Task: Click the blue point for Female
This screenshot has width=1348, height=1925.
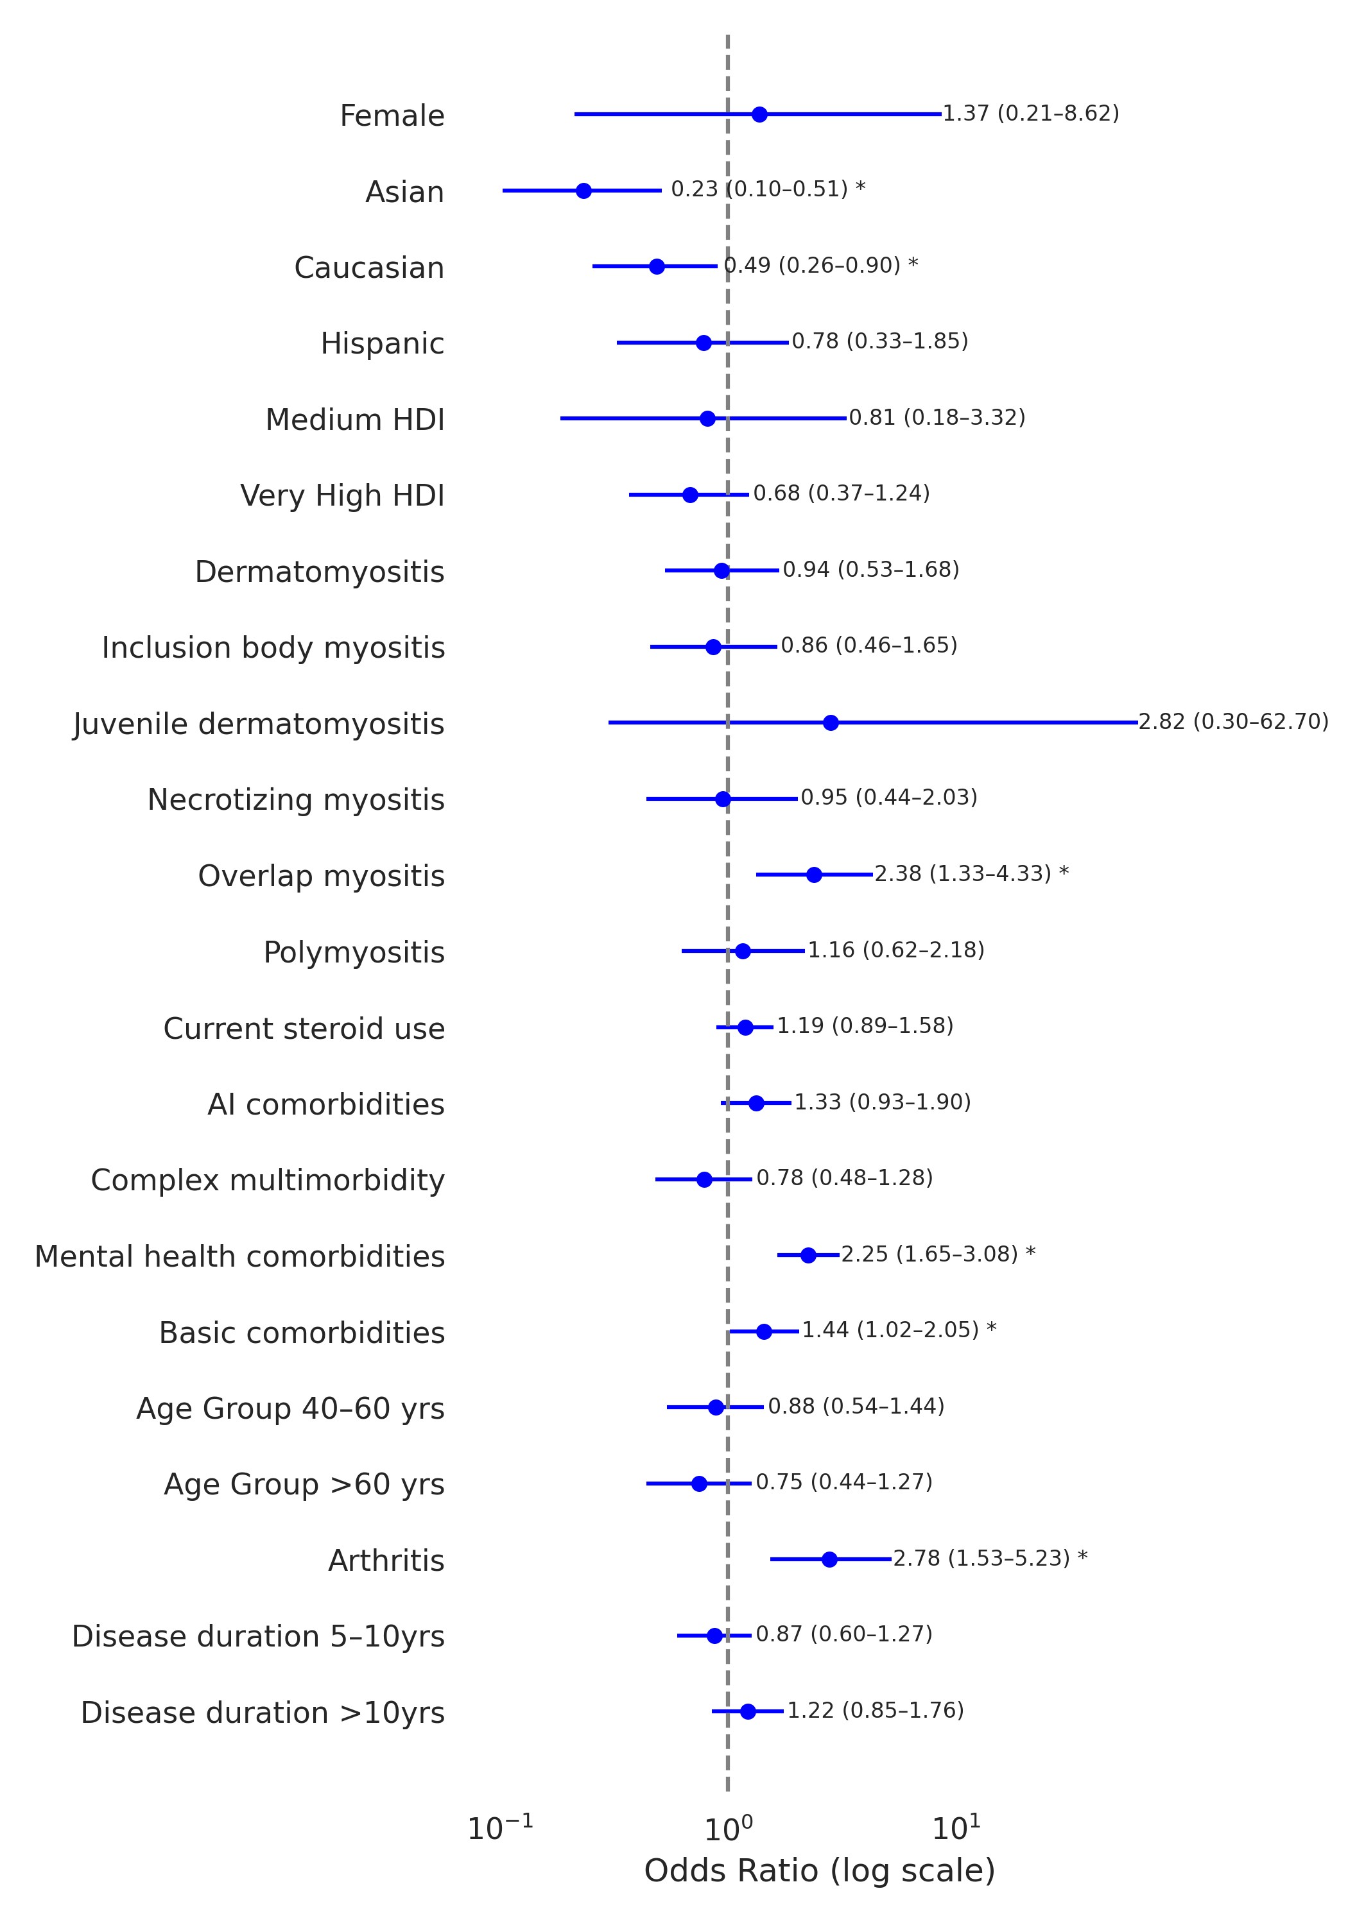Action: pos(759,114)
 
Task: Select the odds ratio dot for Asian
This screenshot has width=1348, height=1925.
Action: pos(584,191)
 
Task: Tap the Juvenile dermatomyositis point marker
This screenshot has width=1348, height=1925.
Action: pos(831,723)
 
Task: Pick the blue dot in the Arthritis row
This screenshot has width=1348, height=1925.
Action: pos(829,1559)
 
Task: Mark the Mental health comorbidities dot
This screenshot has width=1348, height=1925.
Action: pos(808,1255)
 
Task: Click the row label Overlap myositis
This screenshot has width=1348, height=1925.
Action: pos(321,876)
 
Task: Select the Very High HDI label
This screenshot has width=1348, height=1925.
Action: pos(342,495)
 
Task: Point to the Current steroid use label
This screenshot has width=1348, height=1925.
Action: pos(304,1029)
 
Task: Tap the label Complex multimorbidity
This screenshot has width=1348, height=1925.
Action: pos(268,1181)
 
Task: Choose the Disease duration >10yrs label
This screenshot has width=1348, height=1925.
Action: pos(263,1712)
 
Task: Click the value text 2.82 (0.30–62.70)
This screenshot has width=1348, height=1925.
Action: pos(1233,722)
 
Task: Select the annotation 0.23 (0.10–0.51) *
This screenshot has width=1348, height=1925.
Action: pos(768,189)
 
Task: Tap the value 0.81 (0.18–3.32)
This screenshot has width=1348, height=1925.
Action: pos(937,418)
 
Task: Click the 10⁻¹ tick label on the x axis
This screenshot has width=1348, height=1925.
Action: pos(500,1829)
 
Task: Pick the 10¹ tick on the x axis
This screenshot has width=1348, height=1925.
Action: pos(956,1829)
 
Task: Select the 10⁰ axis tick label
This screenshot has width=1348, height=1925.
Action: pos(727,1829)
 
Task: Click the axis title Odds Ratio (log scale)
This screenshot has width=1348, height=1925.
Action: pos(818,1871)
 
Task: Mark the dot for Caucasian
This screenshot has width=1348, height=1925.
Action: pos(657,267)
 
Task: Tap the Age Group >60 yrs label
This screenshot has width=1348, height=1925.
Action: pos(304,1484)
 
